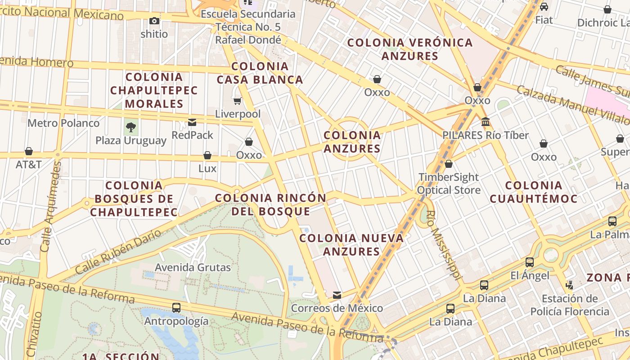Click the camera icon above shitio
154,21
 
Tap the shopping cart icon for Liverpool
238,101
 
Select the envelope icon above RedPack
192,122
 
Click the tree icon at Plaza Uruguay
131,127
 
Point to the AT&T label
29,164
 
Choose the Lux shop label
207,169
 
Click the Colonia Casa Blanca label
260,73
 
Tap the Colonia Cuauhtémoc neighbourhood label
533,192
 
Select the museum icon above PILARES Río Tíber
485,122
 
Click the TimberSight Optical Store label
449,184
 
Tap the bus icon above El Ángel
530,262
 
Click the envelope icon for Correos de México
337,295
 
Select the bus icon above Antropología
176,308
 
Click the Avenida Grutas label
193,267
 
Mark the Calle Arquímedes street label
50,207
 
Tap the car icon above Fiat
544,7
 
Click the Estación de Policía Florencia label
569,305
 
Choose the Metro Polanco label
63,123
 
